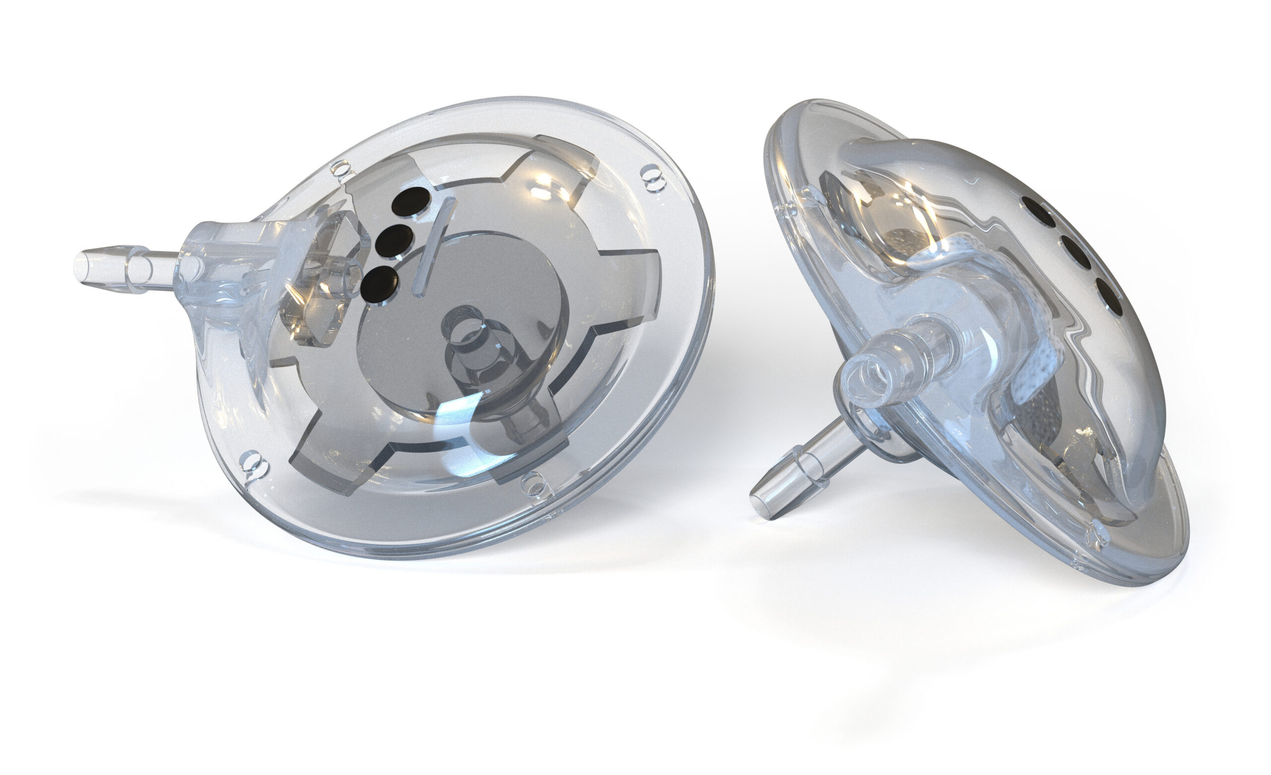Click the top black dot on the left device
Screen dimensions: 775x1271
[x=410, y=201]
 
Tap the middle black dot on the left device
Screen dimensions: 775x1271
[x=395, y=240]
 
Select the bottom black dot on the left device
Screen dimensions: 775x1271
[x=379, y=283]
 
